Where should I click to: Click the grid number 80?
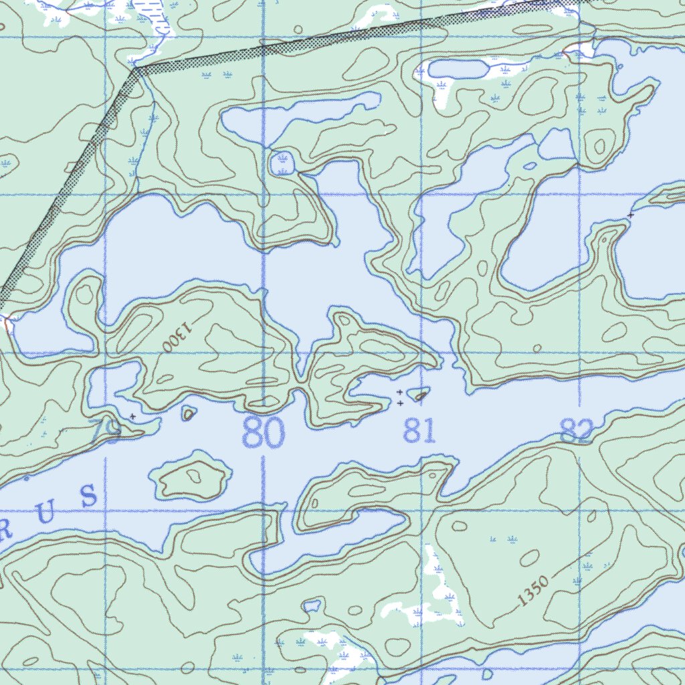[x=263, y=433]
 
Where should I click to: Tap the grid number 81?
[x=419, y=432]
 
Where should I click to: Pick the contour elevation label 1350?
[x=532, y=591]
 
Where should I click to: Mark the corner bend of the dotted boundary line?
[x=136, y=68]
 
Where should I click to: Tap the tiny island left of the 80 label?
[x=189, y=414]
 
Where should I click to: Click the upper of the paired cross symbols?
[x=399, y=392]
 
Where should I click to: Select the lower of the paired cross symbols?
[x=399, y=403]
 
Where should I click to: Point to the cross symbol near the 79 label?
[x=132, y=416]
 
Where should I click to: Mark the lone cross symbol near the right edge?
[x=630, y=215]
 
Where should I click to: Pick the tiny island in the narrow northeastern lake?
[x=530, y=165]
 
